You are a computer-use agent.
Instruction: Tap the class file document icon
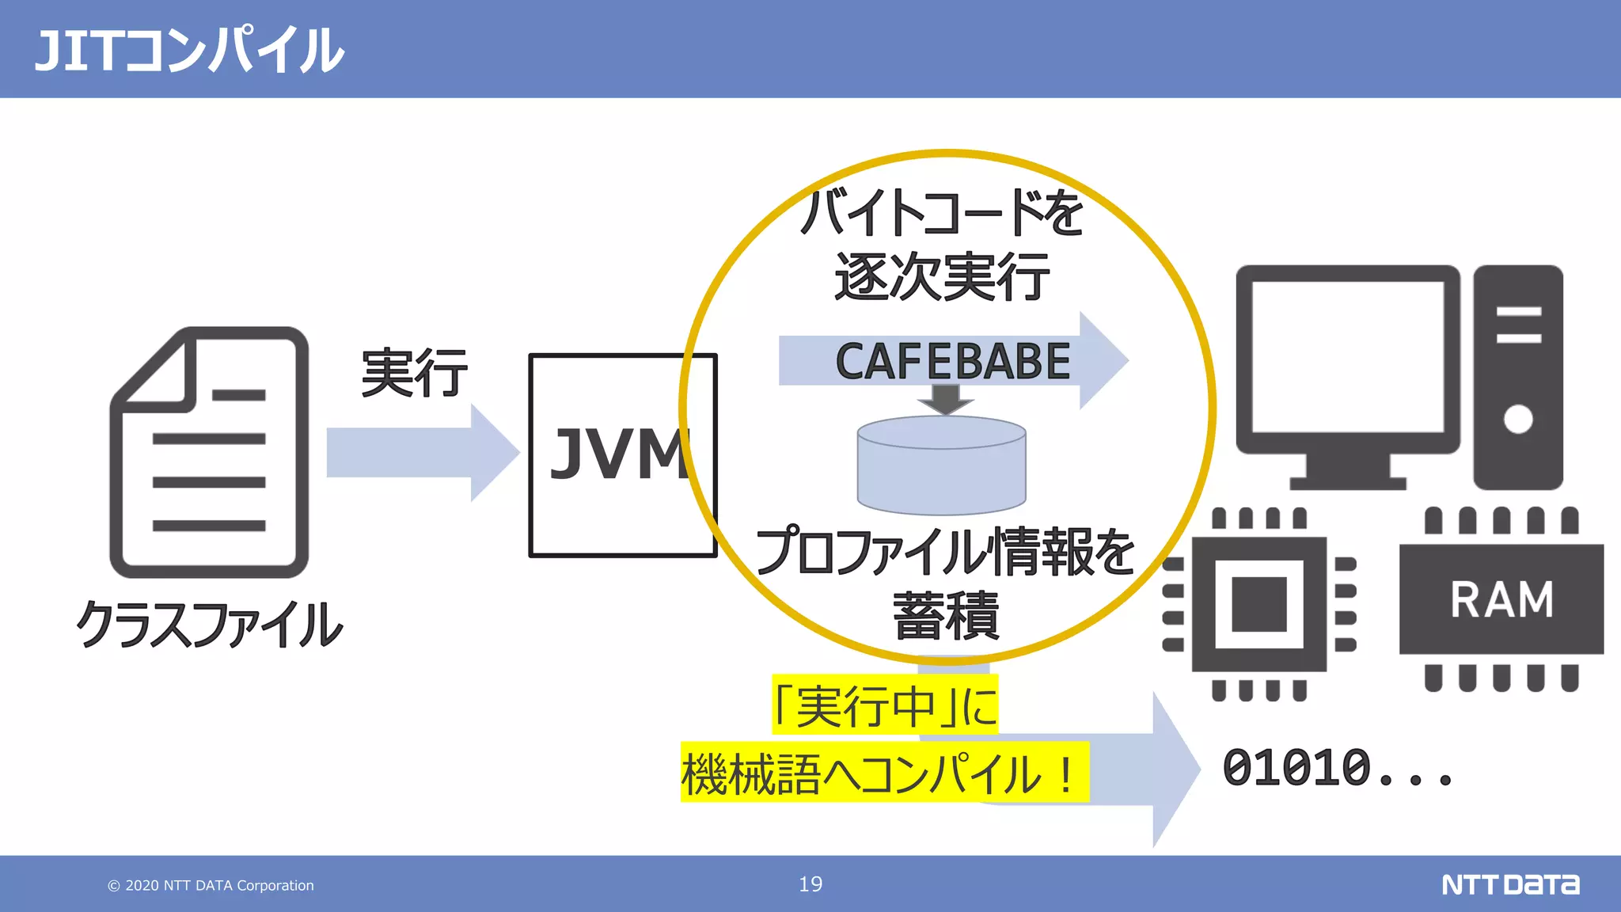pyautogui.click(x=209, y=453)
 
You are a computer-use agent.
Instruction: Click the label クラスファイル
pyautogui.click(x=209, y=625)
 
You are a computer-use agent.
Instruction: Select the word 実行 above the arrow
pyautogui.click(x=414, y=373)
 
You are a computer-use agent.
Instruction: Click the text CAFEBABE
pyautogui.click(x=952, y=362)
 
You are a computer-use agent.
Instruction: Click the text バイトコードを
pyautogui.click(x=941, y=213)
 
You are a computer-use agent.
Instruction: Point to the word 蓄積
pyautogui.click(x=946, y=616)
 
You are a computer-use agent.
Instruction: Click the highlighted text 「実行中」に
pyautogui.click(x=885, y=705)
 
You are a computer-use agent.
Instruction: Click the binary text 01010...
pyautogui.click(x=1298, y=768)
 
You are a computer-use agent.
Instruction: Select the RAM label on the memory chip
pyautogui.click(x=1501, y=599)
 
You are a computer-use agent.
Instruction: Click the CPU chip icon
pyautogui.click(x=1258, y=604)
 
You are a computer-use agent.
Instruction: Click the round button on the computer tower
pyautogui.click(x=1517, y=419)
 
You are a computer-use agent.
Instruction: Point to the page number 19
pyautogui.click(x=810, y=884)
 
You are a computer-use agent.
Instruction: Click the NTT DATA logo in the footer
pyautogui.click(x=1510, y=884)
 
